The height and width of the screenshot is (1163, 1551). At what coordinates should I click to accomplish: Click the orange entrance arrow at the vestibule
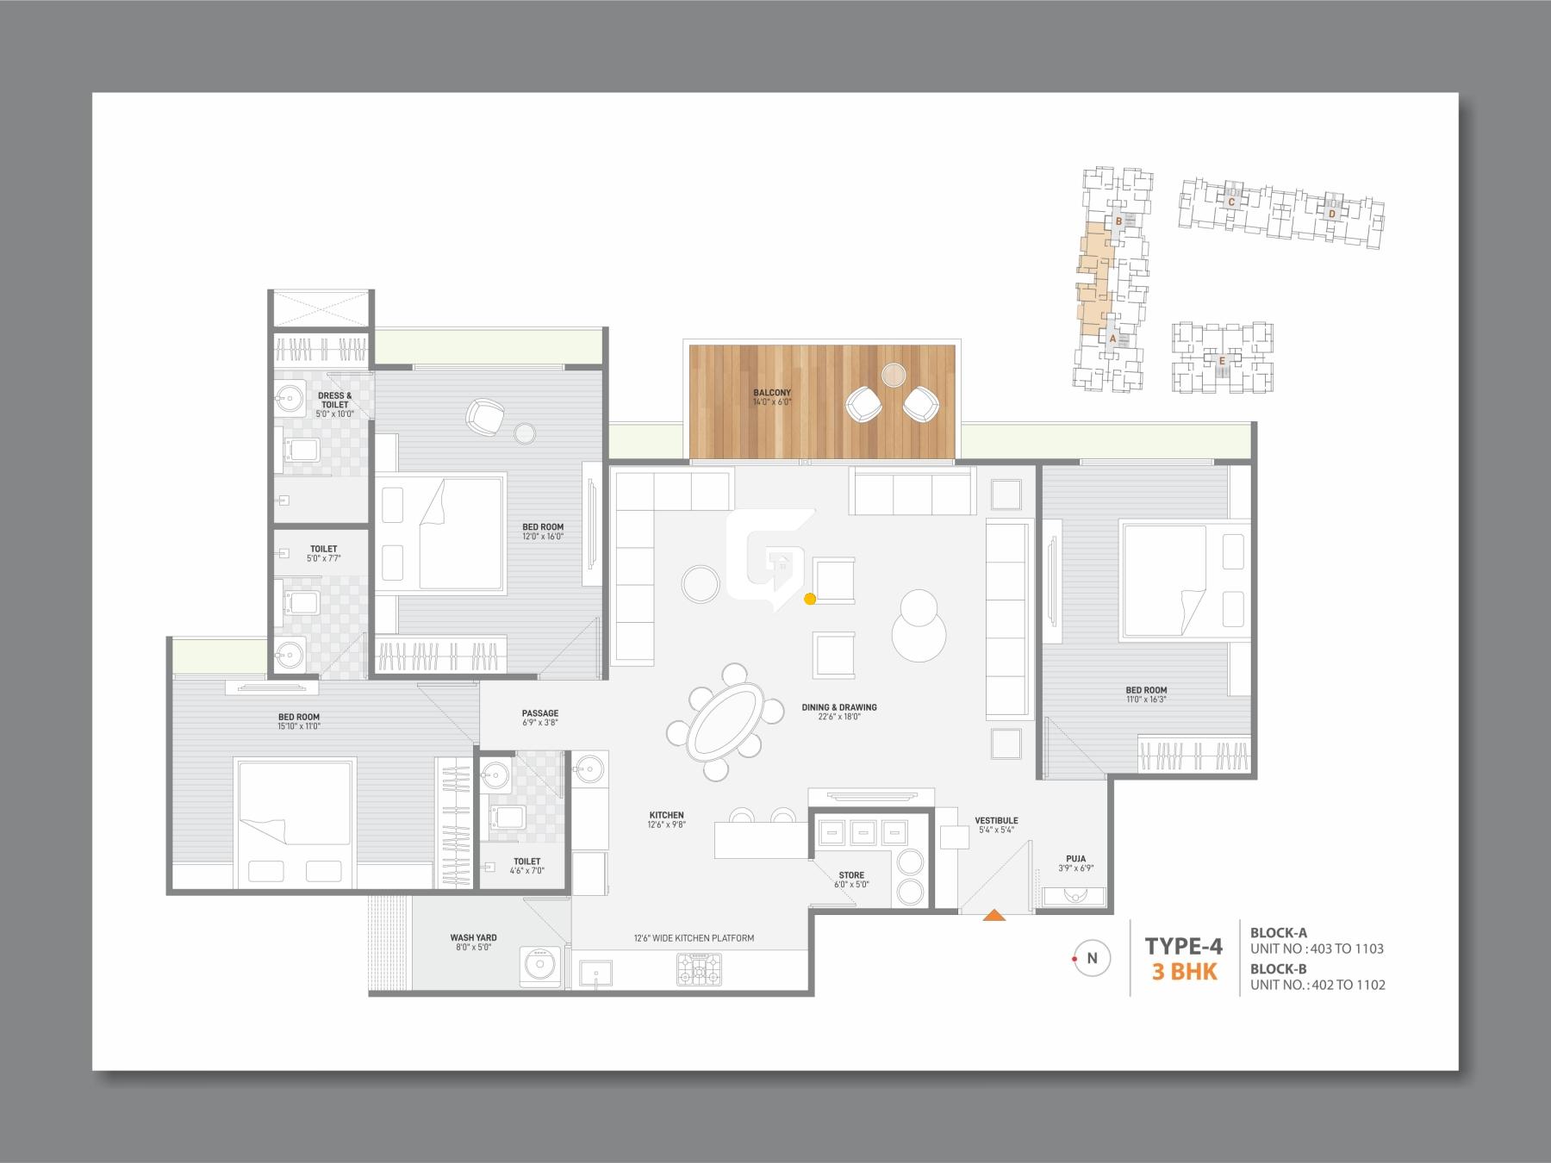click(x=994, y=916)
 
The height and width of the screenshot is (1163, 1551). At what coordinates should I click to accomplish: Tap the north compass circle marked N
click(x=1092, y=958)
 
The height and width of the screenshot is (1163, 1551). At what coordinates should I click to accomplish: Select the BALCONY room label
click(x=771, y=393)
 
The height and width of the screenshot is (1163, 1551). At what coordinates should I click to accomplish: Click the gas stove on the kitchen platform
click(x=700, y=970)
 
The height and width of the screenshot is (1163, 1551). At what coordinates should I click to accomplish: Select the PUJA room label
click(x=1075, y=858)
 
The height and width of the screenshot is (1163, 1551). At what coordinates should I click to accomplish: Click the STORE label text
click(x=851, y=875)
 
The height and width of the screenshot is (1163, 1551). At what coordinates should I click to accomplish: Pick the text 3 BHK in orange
click(x=1185, y=973)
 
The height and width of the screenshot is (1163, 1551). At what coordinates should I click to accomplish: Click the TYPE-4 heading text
click(x=1183, y=946)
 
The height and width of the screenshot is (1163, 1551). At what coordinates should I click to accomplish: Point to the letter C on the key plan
click(x=1231, y=202)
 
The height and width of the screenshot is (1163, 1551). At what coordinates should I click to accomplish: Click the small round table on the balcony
click(x=894, y=374)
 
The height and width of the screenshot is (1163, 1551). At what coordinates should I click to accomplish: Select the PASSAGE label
click(x=540, y=713)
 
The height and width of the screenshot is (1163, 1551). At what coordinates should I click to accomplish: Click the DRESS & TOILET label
click(x=334, y=401)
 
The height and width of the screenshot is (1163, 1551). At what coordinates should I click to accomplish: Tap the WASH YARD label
click(x=473, y=938)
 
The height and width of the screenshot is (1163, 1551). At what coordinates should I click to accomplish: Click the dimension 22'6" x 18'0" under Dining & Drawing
click(x=839, y=717)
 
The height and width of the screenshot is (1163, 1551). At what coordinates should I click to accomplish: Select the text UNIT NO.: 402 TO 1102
click(x=1317, y=985)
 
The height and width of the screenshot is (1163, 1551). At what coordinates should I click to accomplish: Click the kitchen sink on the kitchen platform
click(x=595, y=972)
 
